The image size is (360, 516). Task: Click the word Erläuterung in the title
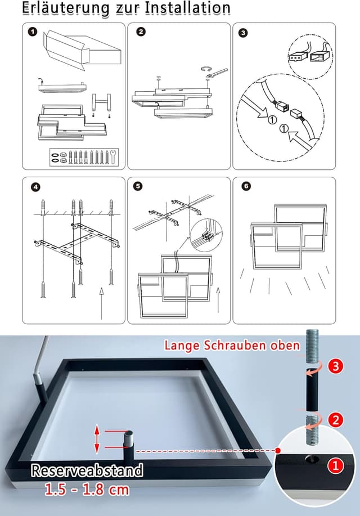pos(66,8)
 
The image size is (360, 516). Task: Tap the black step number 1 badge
pos(33,32)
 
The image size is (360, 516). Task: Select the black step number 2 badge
pos(141,32)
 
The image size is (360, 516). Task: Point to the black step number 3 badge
pos(243,33)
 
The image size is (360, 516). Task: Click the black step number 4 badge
pos(35,187)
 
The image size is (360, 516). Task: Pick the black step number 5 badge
pos(139,187)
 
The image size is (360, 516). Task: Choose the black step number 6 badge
pos(244,187)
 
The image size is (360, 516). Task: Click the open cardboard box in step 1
pos(82,51)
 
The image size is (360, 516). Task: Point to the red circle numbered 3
pos(336,366)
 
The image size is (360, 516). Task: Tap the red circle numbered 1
pos(336,465)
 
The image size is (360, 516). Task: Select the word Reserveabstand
pos(87,470)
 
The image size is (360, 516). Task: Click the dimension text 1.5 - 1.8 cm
pos(87,489)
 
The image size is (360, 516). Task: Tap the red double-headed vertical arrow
pos(97,439)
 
